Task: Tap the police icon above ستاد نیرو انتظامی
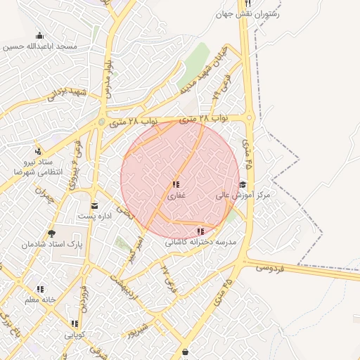point(38,151)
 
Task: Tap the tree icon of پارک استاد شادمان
point(51,233)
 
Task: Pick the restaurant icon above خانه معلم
point(40,289)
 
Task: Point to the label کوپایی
point(75,335)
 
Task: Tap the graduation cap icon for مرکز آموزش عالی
point(243,184)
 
